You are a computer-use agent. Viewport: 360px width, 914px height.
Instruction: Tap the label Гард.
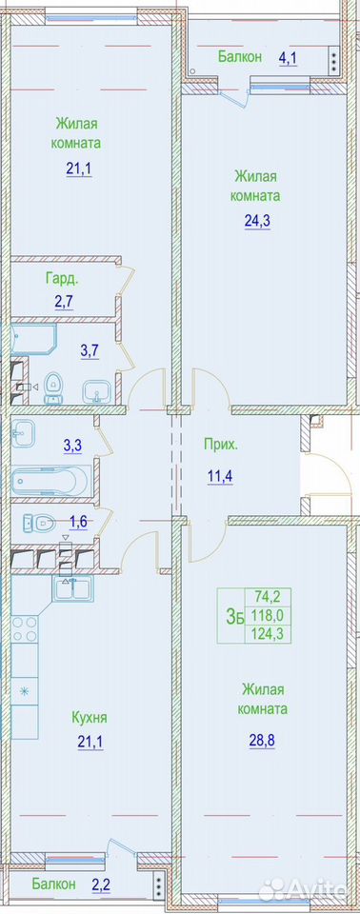62,279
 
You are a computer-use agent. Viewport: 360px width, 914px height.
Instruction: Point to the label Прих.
221,446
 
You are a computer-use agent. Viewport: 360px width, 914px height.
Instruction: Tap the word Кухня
90,717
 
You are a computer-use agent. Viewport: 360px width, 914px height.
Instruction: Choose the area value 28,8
263,736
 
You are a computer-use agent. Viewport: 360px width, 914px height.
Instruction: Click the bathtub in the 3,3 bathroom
50,480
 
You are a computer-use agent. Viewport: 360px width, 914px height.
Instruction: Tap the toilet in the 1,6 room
39,523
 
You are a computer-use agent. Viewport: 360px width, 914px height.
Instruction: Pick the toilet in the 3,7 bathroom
53,387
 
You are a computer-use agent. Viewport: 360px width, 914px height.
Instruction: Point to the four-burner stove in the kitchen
25,628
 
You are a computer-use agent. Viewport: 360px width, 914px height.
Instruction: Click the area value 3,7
90,350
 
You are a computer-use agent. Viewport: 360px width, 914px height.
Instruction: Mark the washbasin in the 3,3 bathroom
24,432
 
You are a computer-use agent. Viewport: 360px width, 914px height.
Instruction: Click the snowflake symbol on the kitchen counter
25,692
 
